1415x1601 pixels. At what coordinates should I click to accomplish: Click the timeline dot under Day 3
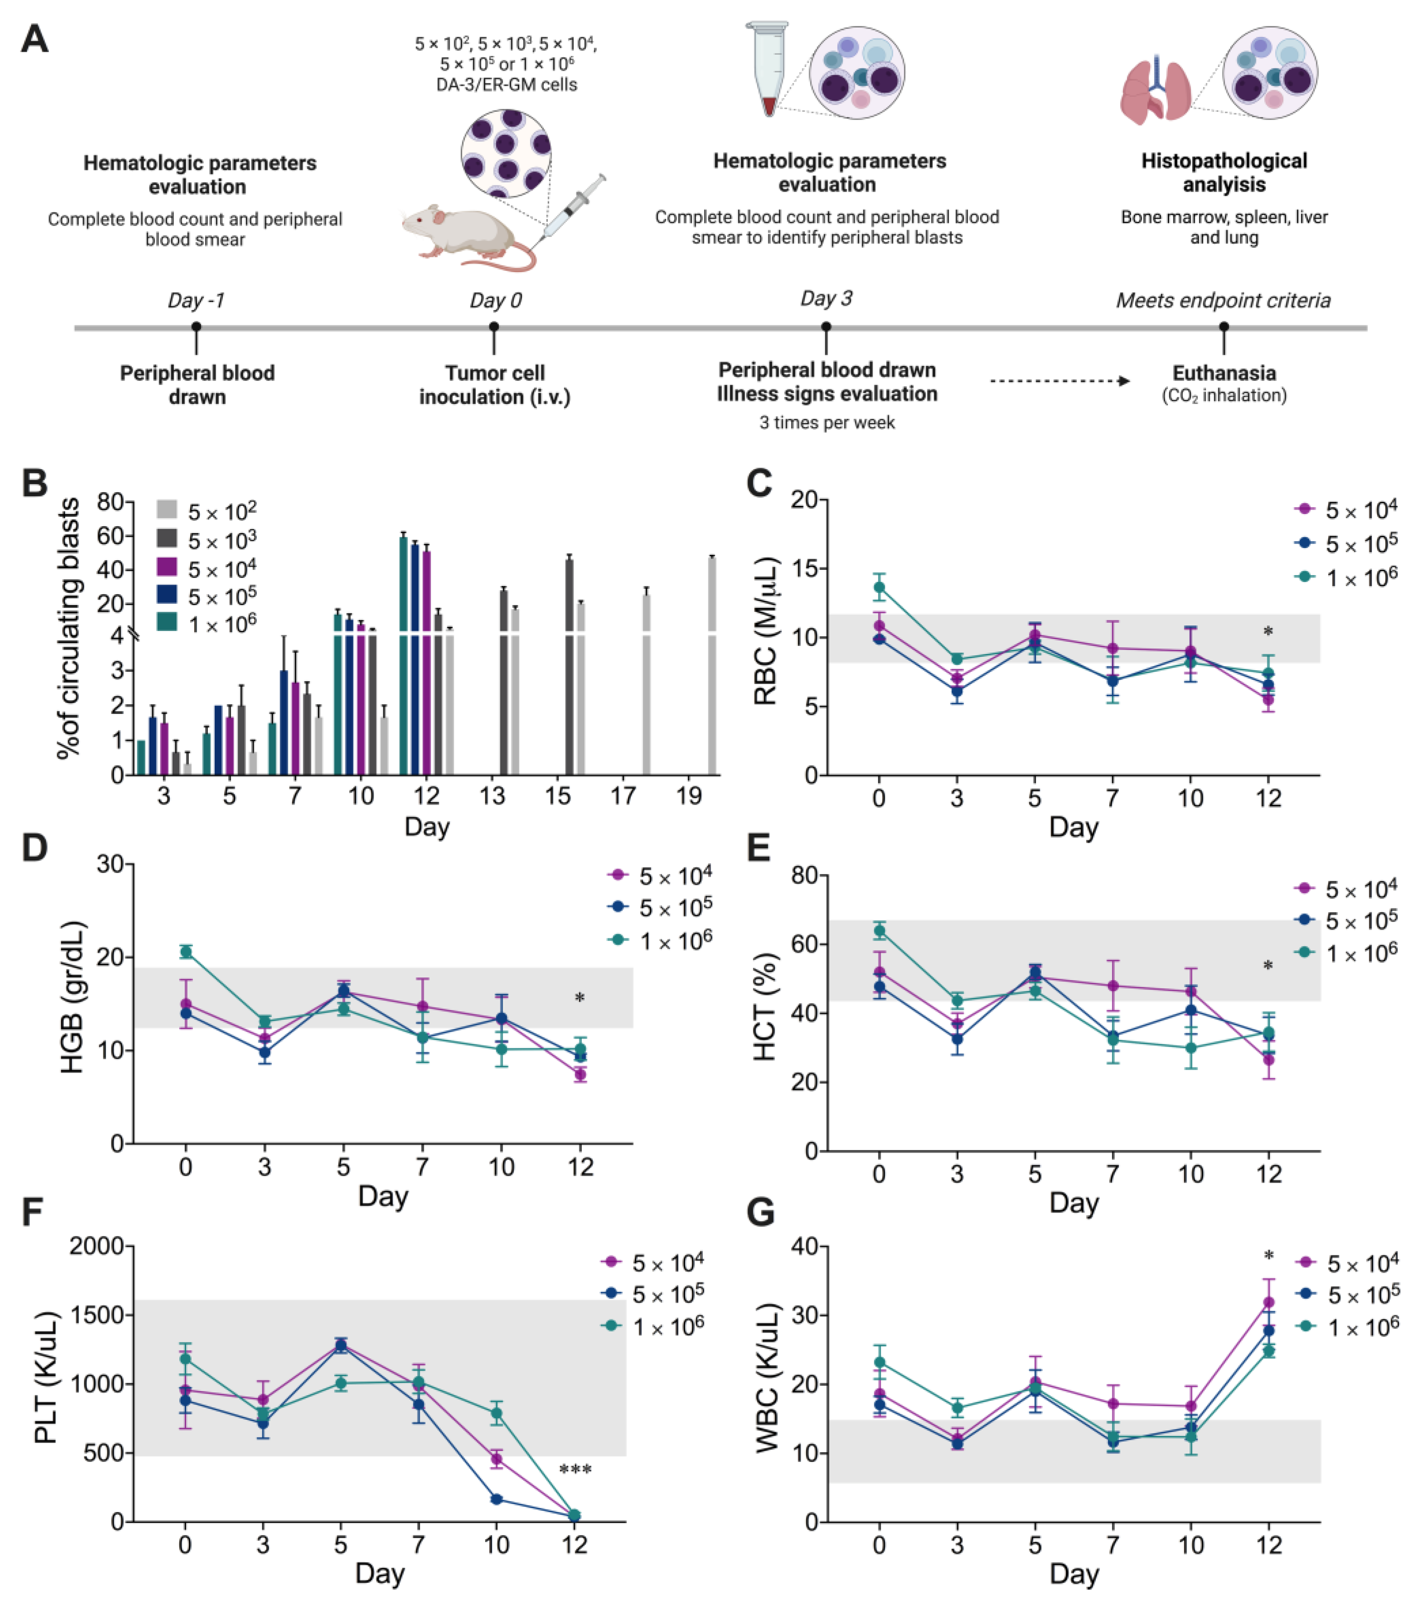pyautogui.click(x=826, y=327)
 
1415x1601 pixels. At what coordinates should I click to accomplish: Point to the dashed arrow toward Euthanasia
pyautogui.click(x=1060, y=381)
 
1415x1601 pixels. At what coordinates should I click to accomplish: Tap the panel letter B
pyautogui.click(x=35, y=483)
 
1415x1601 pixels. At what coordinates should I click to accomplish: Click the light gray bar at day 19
pyautogui.click(x=712, y=666)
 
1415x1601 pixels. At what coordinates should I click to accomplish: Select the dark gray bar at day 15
pyautogui.click(x=569, y=666)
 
